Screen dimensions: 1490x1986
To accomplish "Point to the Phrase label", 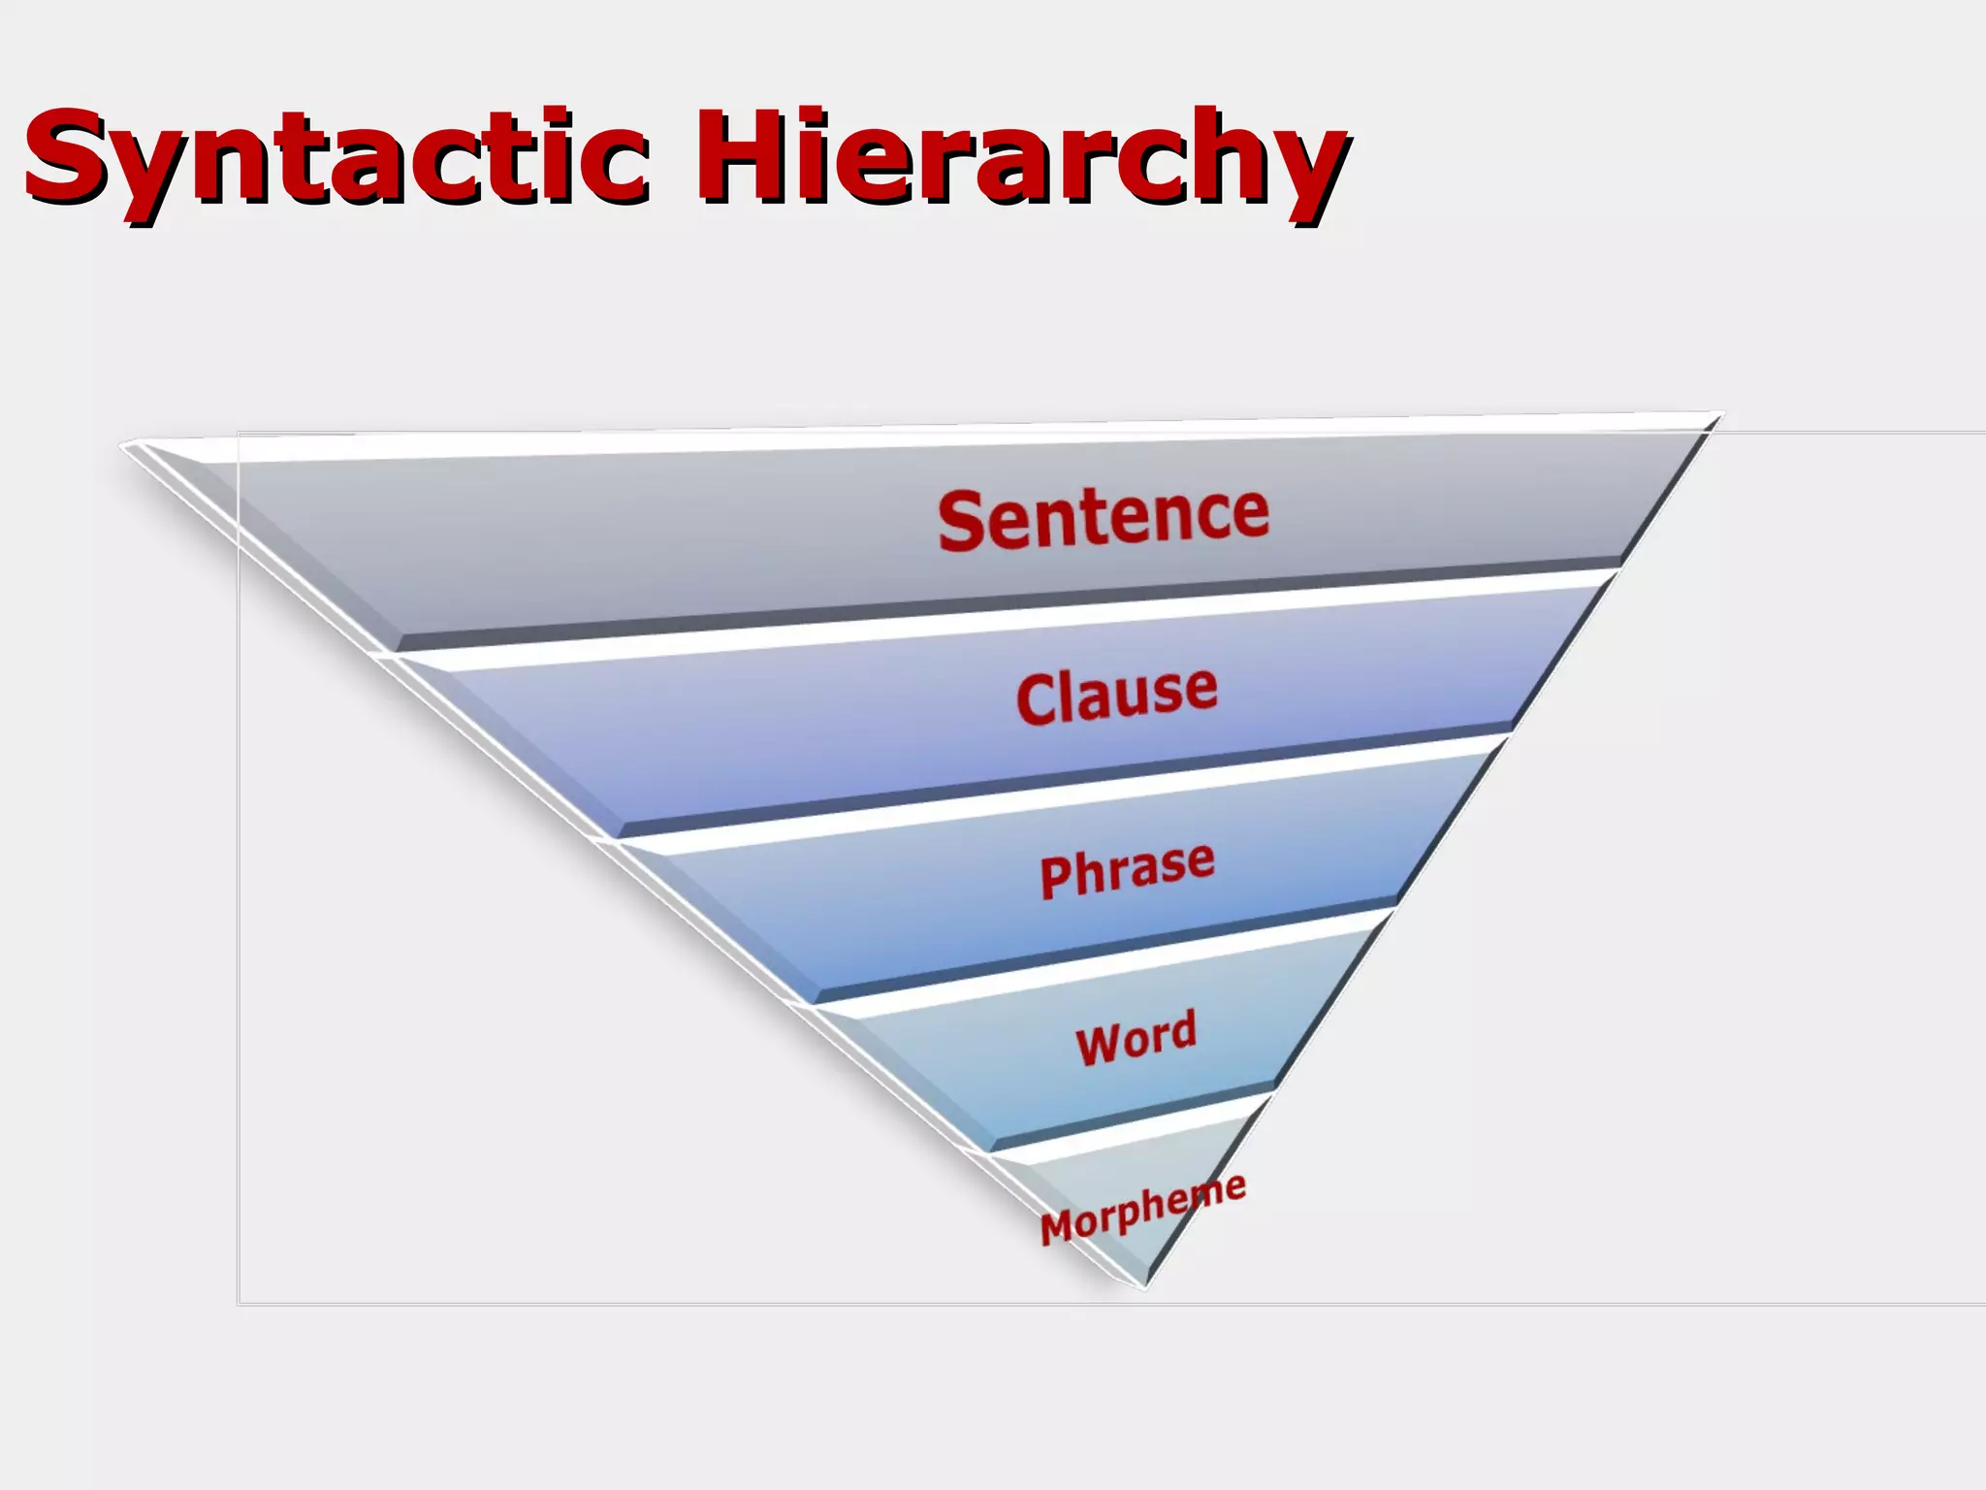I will click(x=1127, y=869).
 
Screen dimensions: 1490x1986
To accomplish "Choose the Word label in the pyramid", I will click(x=1137, y=1037).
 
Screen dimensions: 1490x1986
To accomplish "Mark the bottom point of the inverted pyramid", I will click(x=1145, y=1286).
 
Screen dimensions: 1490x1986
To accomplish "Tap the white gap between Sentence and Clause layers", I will click(x=970, y=622).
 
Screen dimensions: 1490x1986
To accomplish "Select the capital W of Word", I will click(x=1097, y=1045).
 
